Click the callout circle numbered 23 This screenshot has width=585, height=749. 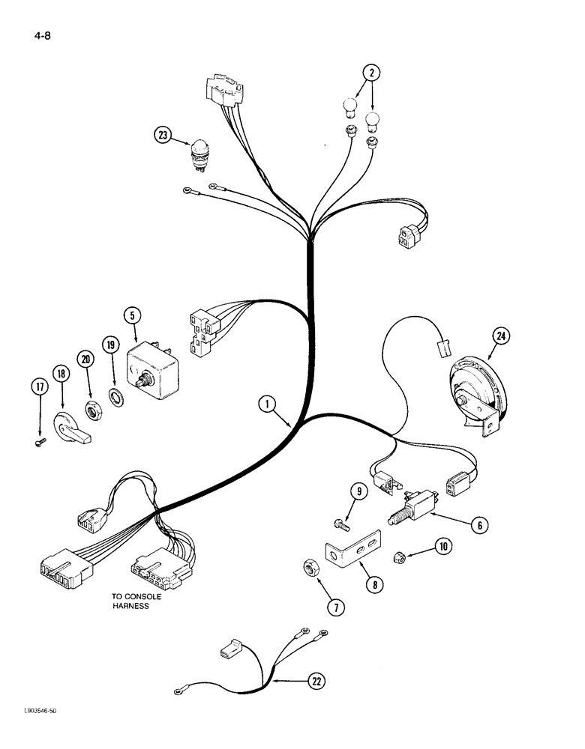click(x=163, y=136)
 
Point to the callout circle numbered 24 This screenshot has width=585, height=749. click(x=501, y=337)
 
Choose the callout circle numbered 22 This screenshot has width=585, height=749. click(x=319, y=681)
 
